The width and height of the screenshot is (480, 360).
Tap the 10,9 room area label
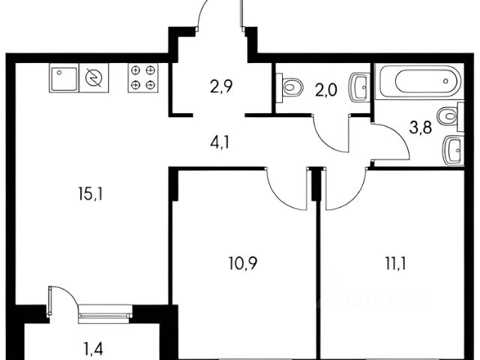pyautogui.click(x=243, y=263)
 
